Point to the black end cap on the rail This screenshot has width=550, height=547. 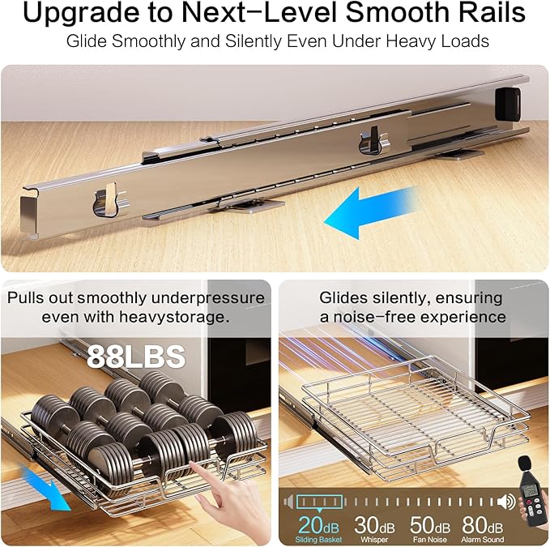(508, 104)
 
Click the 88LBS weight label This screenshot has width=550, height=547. (136, 356)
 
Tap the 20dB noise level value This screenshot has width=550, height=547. (319, 525)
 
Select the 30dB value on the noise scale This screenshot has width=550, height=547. (374, 525)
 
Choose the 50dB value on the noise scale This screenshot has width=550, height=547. (430, 525)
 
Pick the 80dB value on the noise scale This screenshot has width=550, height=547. (483, 525)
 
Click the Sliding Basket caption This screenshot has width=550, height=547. (318, 540)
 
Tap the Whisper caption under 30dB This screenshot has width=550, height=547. (374, 540)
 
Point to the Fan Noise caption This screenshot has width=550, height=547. (430, 540)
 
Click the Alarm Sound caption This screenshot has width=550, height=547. (483, 540)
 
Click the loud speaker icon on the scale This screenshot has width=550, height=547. (506, 502)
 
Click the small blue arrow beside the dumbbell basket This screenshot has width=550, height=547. (46, 489)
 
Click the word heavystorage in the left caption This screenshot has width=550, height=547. (174, 318)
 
